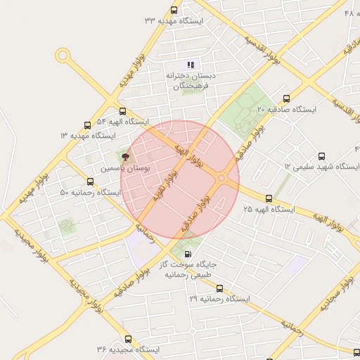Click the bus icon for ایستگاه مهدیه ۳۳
pos(174,11)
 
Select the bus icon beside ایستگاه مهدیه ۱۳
pos(87,125)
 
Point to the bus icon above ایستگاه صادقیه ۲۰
pos(285,98)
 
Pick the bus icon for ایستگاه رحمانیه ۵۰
pos(91,182)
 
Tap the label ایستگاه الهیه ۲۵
pos(268,210)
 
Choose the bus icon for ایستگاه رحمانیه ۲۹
pos(219,288)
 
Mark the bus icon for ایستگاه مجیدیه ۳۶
pos(127,339)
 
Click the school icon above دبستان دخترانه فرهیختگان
pos(190,65)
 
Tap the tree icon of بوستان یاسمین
pos(125,157)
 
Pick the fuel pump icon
pos(187,254)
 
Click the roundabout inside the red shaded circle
pos(221,179)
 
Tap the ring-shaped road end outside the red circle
pos(63,55)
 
